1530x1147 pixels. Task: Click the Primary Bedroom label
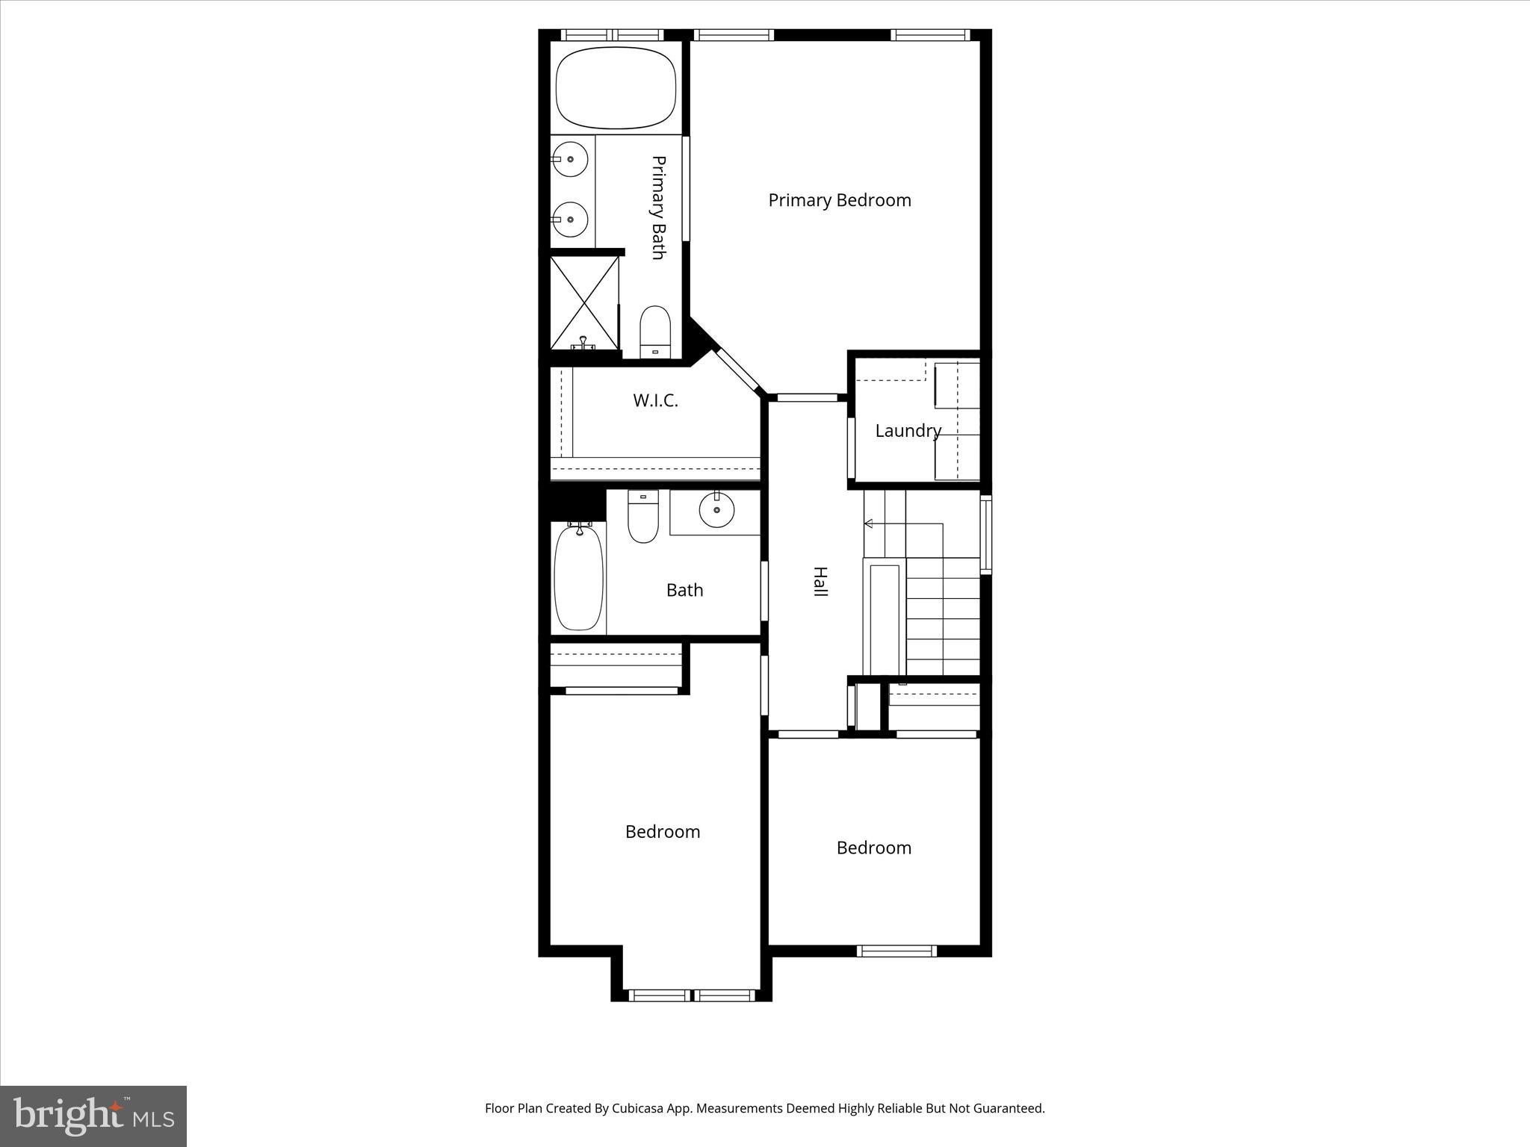click(839, 200)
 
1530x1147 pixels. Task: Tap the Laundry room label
click(908, 431)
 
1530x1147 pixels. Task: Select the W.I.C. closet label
click(655, 401)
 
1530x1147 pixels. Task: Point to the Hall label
click(820, 581)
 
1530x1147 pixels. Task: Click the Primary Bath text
click(658, 208)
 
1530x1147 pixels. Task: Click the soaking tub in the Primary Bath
click(616, 88)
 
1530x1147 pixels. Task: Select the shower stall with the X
click(585, 302)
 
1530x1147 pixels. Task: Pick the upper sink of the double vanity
click(571, 159)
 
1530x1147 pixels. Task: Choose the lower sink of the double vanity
click(571, 220)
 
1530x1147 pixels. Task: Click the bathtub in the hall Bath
click(578, 579)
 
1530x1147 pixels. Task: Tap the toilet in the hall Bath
click(642, 517)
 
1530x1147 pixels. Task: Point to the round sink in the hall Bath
click(716, 510)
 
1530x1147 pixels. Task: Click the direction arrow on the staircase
click(869, 524)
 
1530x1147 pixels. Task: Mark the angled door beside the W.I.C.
click(737, 371)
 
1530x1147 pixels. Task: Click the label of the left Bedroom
click(663, 832)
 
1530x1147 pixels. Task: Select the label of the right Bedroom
click(873, 848)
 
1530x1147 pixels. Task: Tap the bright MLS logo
click(93, 1116)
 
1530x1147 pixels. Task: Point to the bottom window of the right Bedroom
click(896, 951)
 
